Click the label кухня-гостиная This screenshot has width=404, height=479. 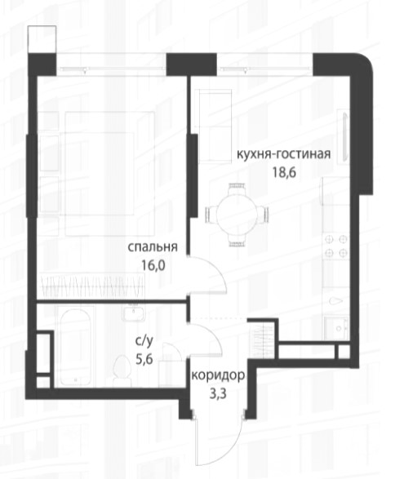pyautogui.click(x=284, y=154)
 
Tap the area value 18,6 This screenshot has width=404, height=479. pyautogui.click(x=284, y=173)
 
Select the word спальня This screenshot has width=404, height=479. pyautogui.click(x=153, y=247)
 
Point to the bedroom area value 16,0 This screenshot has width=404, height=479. pyautogui.click(x=153, y=265)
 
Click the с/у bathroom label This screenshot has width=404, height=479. pyautogui.click(x=144, y=342)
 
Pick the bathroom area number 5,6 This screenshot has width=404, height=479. pyautogui.click(x=144, y=360)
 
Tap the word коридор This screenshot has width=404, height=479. pyautogui.click(x=218, y=375)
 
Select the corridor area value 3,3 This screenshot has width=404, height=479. pyautogui.click(x=218, y=394)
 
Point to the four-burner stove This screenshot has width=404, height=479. pyautogui.click(x=336, y=246)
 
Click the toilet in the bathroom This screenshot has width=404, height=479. pyautogui.click(x=122, y=370)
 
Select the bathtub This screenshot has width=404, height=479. pyautogui.click(x=75, y=348)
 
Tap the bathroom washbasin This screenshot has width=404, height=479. pyautogui.click(x=134, y=313)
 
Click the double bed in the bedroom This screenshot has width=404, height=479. pyautogui.click(x=109, y=174)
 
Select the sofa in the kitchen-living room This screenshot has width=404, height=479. pyautogui.click(x=213, y=126)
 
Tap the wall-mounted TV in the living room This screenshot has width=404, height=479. pyautogui.click(x=345, y=136)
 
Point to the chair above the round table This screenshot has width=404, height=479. pyautogui.click(x=238, y=187)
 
